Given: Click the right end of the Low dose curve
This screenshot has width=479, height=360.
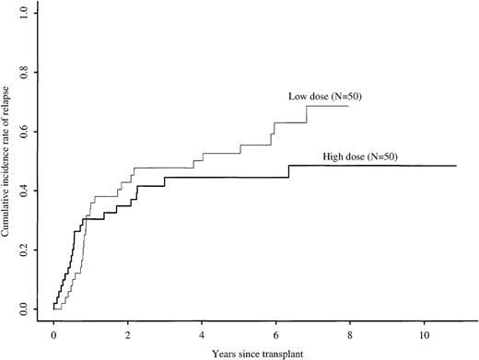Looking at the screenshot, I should click(348, 106).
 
